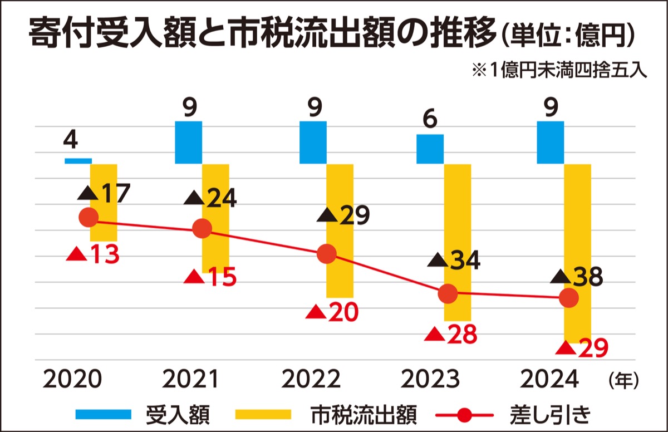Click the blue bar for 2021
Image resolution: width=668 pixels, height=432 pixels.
click(x=188, y=143)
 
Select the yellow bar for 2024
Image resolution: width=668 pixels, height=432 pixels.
click(x=577, y=253)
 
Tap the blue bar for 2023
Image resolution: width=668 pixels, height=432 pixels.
click(x=430, y=149)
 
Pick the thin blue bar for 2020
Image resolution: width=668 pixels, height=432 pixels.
click(x=78, y=161)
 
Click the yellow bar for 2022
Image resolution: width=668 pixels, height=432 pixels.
click(x=340, y=230)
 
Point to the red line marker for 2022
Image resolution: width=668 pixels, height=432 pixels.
click(x=327, y=254)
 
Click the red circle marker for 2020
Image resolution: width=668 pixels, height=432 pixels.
click(x=89, y=217)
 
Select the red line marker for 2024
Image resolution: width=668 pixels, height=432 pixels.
click(x=568, y=298)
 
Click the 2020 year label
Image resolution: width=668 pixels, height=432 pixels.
click(x=73, y=380)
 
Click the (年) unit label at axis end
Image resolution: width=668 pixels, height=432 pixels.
click(x=623, y=380)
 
